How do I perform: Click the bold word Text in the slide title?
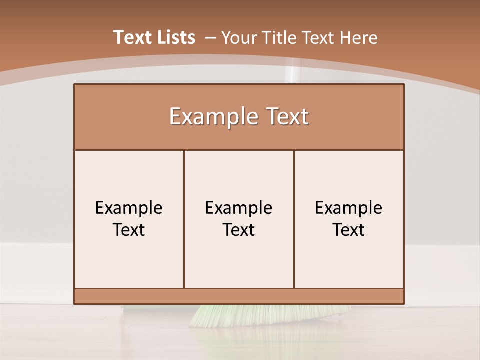tap(130, 37)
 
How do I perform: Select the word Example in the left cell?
tap(129, 208)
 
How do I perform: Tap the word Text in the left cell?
tap(129, 230)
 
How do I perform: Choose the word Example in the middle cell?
tap(239, 208)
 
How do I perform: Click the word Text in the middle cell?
tap(239, 230)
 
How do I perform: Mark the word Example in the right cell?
tap(349, 208)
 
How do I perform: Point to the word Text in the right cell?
tap(349, 230)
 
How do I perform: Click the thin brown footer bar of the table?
tap(239, 296)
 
